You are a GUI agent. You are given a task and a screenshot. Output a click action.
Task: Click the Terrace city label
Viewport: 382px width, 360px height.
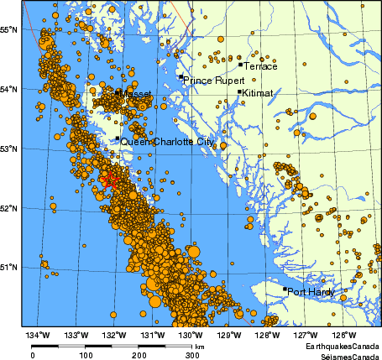tap(260, 65)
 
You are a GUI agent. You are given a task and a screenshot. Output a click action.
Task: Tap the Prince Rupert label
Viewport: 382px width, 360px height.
tap(214, 81)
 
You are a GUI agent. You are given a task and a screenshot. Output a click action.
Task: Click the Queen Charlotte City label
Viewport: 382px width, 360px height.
tap(167, 143)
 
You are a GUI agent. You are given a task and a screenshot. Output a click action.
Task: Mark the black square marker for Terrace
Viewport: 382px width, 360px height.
tap(240, 64)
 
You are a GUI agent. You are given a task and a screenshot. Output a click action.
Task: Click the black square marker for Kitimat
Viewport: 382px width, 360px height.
tap(239, 92)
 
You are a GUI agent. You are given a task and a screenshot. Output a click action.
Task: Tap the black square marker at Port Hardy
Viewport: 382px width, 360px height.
tap(285, 290)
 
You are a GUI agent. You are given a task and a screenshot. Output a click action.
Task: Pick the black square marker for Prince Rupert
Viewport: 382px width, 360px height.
tap(180, 77)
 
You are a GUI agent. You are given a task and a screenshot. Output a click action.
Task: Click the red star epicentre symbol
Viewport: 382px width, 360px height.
tap(109, 179)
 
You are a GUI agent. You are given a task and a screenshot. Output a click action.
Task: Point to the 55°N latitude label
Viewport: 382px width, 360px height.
tap(9, 29)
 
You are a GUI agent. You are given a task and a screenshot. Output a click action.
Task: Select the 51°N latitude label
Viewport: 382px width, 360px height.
tap(9, 267)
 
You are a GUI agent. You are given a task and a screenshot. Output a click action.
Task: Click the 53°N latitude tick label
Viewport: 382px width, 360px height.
tap(9, 149)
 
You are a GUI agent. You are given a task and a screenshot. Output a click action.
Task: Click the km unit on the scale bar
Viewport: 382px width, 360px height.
tap(200, 346)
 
